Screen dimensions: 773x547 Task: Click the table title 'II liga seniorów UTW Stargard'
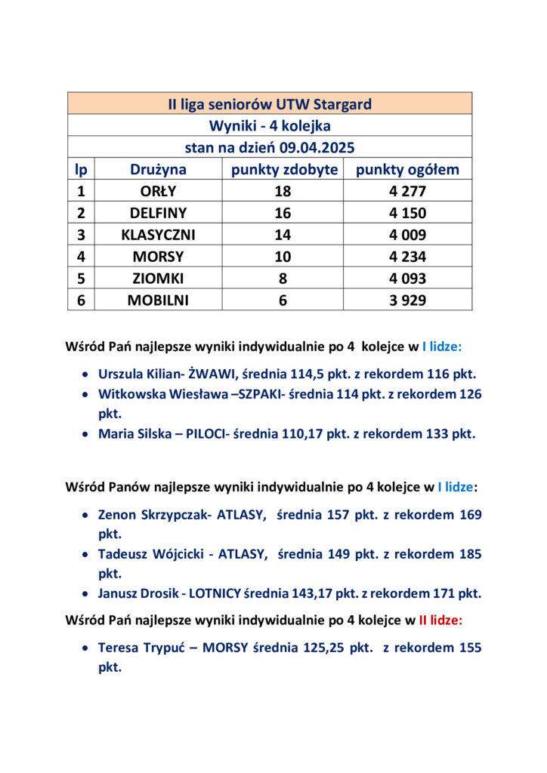[270, 104]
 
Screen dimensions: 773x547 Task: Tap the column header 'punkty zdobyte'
[284, 170]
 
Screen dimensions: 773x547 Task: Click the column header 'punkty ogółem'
[407, 170]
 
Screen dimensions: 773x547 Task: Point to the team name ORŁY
[158, 192]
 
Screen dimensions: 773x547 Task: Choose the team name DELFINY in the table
[158, 214]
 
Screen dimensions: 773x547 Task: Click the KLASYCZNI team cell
[158, 235]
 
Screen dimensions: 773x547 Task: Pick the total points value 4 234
[407, 257]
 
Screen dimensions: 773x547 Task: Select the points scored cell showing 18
[283, 192]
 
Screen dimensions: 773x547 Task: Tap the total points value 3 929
[407, 300]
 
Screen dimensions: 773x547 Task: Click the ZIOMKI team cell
[158, 279]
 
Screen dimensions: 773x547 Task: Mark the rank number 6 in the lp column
[81, 300]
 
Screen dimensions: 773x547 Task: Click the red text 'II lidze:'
[440, 621]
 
